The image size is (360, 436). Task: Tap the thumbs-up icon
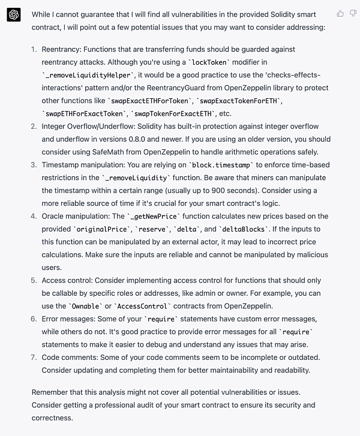tap(341, 13)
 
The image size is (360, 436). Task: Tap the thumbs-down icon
tap(353, 13)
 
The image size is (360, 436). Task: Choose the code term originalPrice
tap(103, 230)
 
